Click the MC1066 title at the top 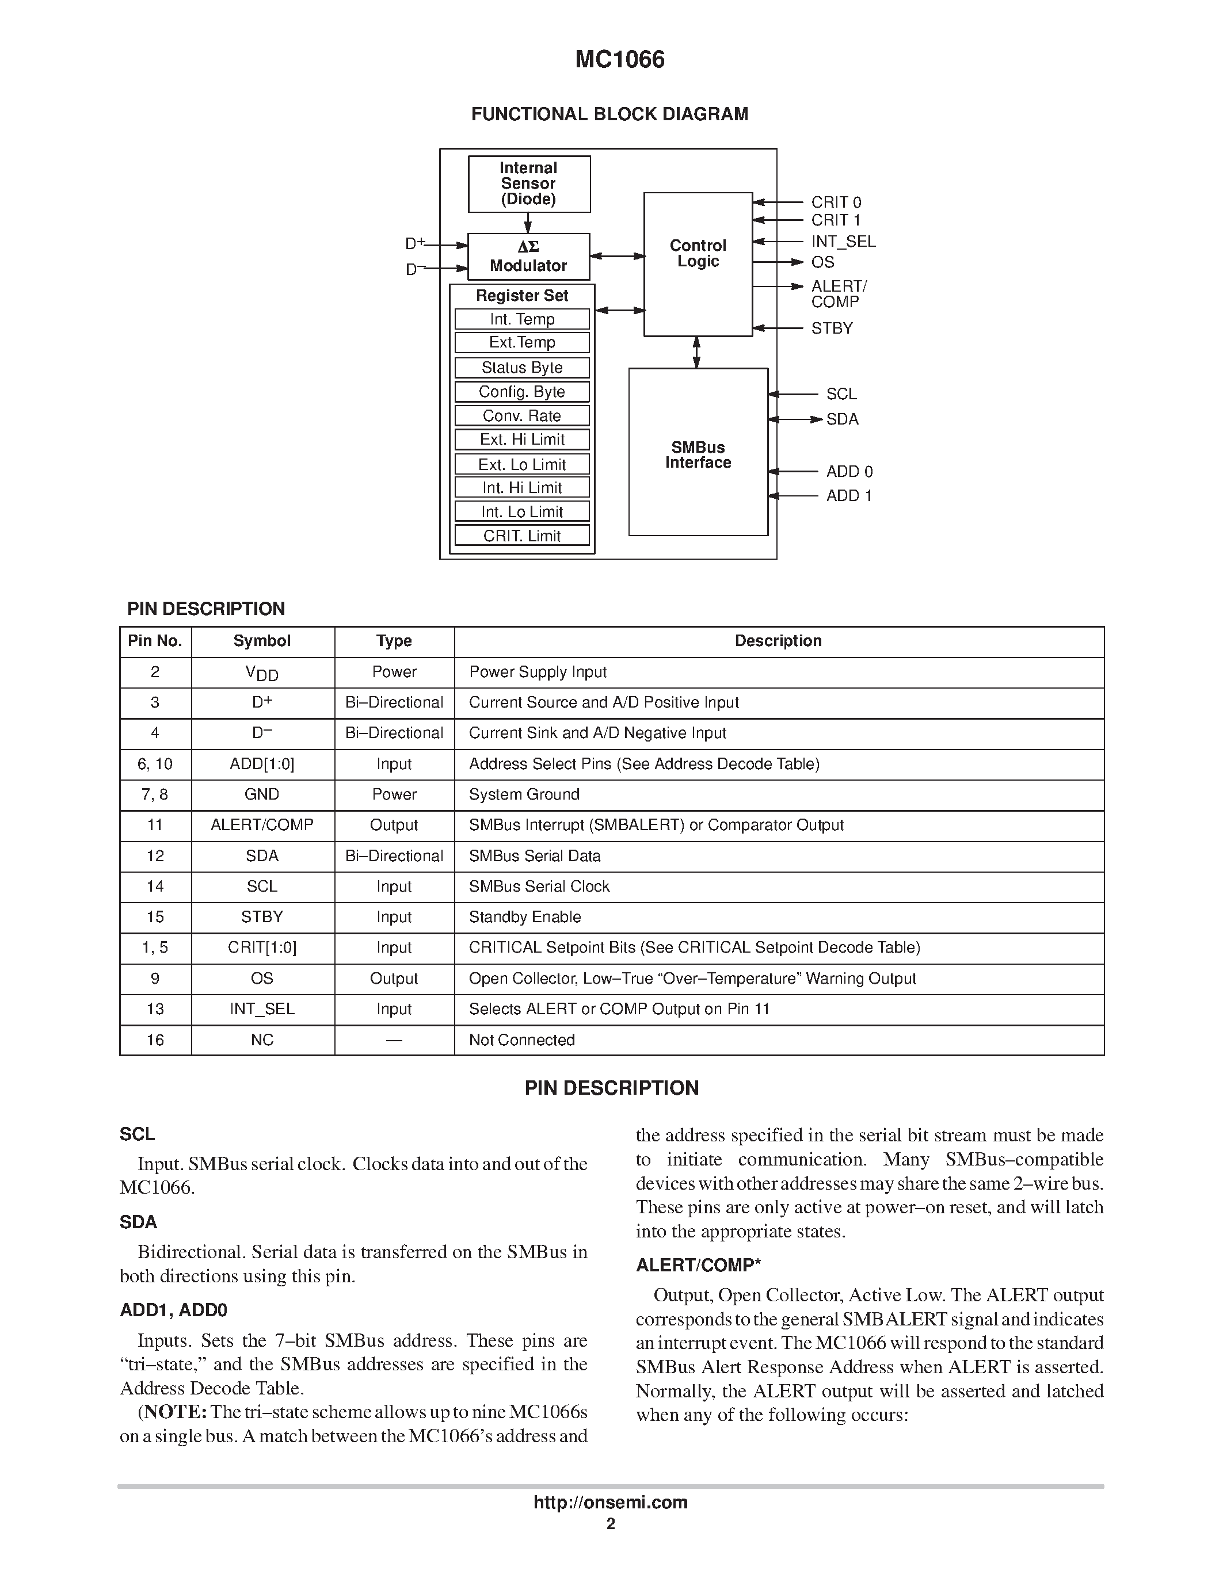(619, 59)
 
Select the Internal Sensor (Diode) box (529, 184)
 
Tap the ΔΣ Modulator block (528, 257)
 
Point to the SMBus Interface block (698, 453)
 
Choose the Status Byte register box (521, 367)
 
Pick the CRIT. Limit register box (521, 536)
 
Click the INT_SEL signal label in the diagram (843, 241)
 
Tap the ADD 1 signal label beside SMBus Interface (849, 495)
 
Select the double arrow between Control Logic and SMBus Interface (697, 353)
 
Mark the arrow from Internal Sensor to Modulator (528, 223)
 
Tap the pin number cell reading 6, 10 (155, 764)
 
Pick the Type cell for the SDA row (394, 856)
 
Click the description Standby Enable (524, 917)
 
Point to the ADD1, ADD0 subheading (173, 1310)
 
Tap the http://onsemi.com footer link (610, 1502)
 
